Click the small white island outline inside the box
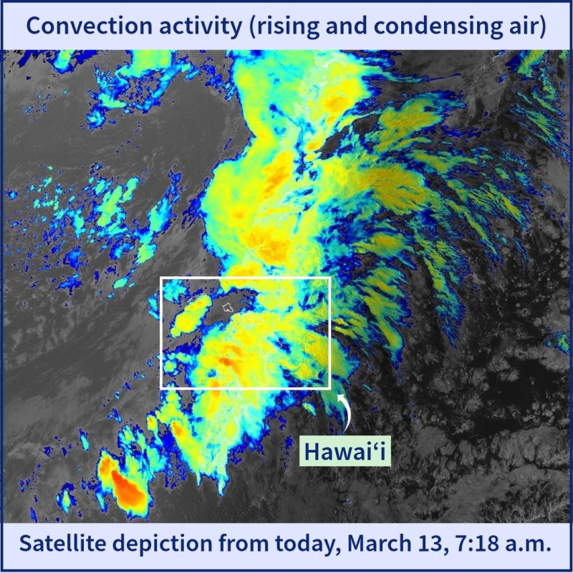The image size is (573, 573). coord(228,307)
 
